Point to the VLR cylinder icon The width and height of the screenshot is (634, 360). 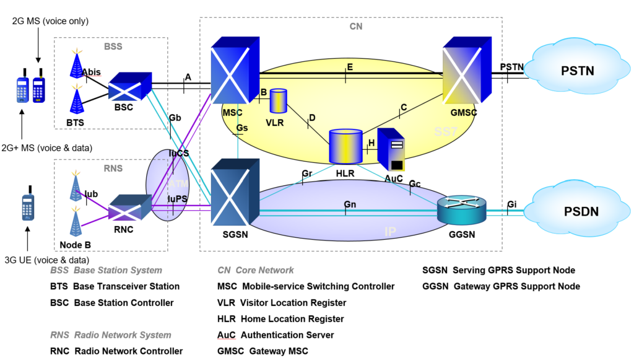click(x=279, y=101)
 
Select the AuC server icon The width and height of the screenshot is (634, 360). click(x=391, y=149)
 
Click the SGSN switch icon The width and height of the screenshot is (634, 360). click(x=234, y=192)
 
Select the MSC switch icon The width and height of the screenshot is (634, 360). click(x=234, y=71)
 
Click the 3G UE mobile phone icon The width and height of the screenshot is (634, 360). click(x=27, y=208)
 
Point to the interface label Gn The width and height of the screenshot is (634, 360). click(x=350, y=204)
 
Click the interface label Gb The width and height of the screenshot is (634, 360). click(x=175, y=117)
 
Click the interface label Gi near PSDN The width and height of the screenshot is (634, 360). click(x=512, y=204)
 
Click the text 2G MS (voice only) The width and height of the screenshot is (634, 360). click(x=50, y=21)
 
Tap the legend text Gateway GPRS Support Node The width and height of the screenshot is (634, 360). click(x=501, y=286)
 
